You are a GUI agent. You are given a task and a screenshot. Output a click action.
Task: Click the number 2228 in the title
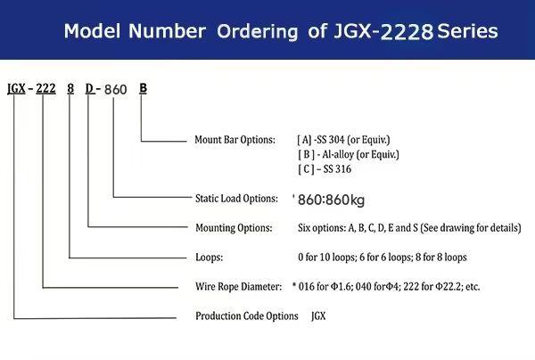(408, 33)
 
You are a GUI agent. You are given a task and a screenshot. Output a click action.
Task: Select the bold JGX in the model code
(16, 88)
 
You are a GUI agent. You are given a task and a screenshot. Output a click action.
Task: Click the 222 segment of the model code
(46, 88)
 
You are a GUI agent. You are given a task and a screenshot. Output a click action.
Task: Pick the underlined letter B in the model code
(144, 88)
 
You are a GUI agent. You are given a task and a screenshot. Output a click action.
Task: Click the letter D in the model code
(90, 88)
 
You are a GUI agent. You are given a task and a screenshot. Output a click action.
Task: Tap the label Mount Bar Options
(235, 140)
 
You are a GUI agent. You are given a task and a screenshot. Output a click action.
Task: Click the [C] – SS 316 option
(331, 170)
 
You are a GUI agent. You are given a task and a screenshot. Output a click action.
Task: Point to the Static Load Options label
(236, 199)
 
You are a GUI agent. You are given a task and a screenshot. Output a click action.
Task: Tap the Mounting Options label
(233, 228)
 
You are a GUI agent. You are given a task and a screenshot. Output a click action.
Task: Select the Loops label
(209, 257)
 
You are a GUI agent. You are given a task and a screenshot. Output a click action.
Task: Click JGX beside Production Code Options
(318, 315)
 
